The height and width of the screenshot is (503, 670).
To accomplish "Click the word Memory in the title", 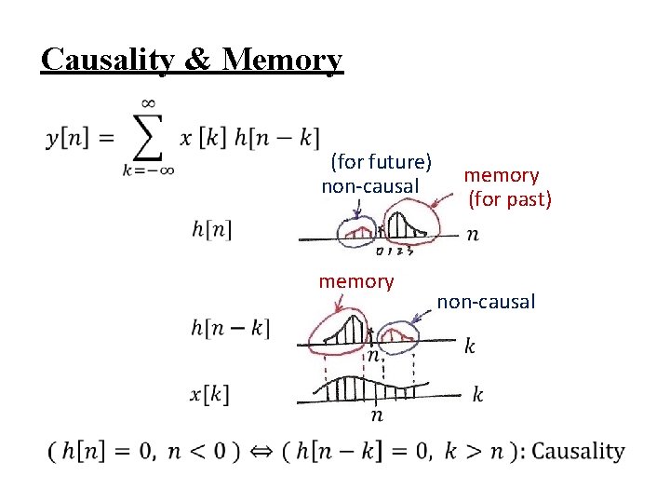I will click(283, 59).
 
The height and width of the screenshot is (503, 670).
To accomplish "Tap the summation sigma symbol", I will click(146, 137).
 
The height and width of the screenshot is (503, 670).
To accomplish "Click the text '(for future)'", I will click(381, 162).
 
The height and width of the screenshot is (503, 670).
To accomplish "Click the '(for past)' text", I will click(510, 198).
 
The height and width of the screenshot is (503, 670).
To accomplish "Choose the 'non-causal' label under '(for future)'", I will click(369, 186).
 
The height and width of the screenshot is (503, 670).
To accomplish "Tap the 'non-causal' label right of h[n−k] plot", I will click(486, 301).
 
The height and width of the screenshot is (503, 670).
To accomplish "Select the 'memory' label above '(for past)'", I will click(501, 174).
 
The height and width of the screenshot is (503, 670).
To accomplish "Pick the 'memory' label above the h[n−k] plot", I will click(356, 281).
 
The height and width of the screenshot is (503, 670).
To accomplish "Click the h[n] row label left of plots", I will click(211, 228).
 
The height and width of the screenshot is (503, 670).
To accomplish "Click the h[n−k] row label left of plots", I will click(230, 328).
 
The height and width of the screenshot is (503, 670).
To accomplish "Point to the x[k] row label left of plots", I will click(209, 393).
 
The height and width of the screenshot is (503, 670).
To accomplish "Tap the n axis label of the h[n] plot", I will click(473, 233).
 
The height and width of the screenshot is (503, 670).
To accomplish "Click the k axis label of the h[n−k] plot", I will click(470, 347).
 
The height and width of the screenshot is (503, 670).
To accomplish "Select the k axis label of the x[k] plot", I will click(477, 394).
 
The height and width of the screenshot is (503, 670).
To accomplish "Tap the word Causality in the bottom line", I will click(578, 452).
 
